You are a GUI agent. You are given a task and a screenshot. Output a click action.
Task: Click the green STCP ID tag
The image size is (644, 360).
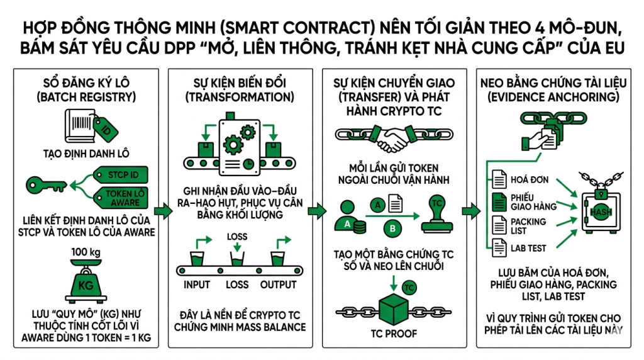tap(120, 173)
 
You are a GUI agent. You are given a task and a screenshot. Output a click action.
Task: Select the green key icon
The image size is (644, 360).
tap(46, 184)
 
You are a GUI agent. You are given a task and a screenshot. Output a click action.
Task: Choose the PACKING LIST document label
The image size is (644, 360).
tap(528, 226)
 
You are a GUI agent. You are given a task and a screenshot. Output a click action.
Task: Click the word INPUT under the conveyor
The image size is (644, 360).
tap(197, 284)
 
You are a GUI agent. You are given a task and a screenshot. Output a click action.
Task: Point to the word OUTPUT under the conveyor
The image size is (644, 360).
tap(278, 284)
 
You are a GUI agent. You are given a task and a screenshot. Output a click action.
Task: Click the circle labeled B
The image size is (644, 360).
tap(391, 228)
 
